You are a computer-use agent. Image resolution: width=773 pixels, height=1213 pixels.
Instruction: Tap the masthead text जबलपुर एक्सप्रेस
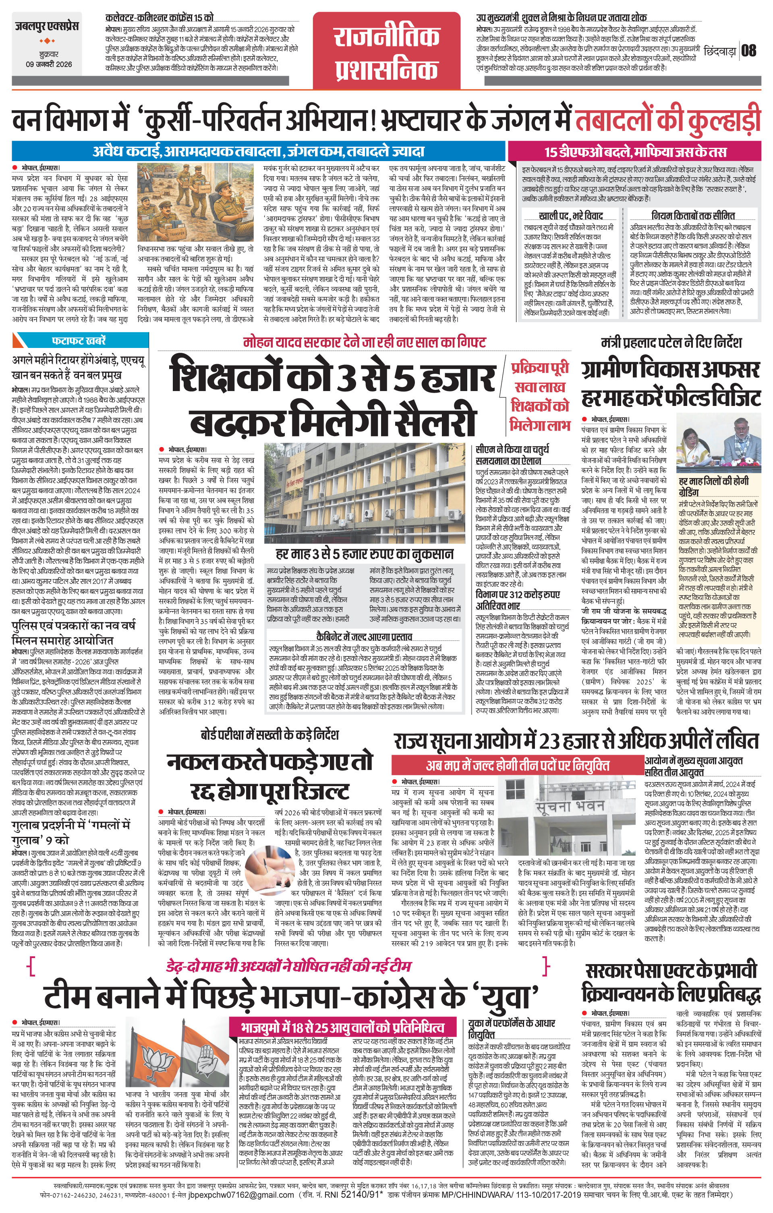pos(46,26)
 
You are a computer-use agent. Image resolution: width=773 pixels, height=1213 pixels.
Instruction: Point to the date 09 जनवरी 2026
pos(49,64)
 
